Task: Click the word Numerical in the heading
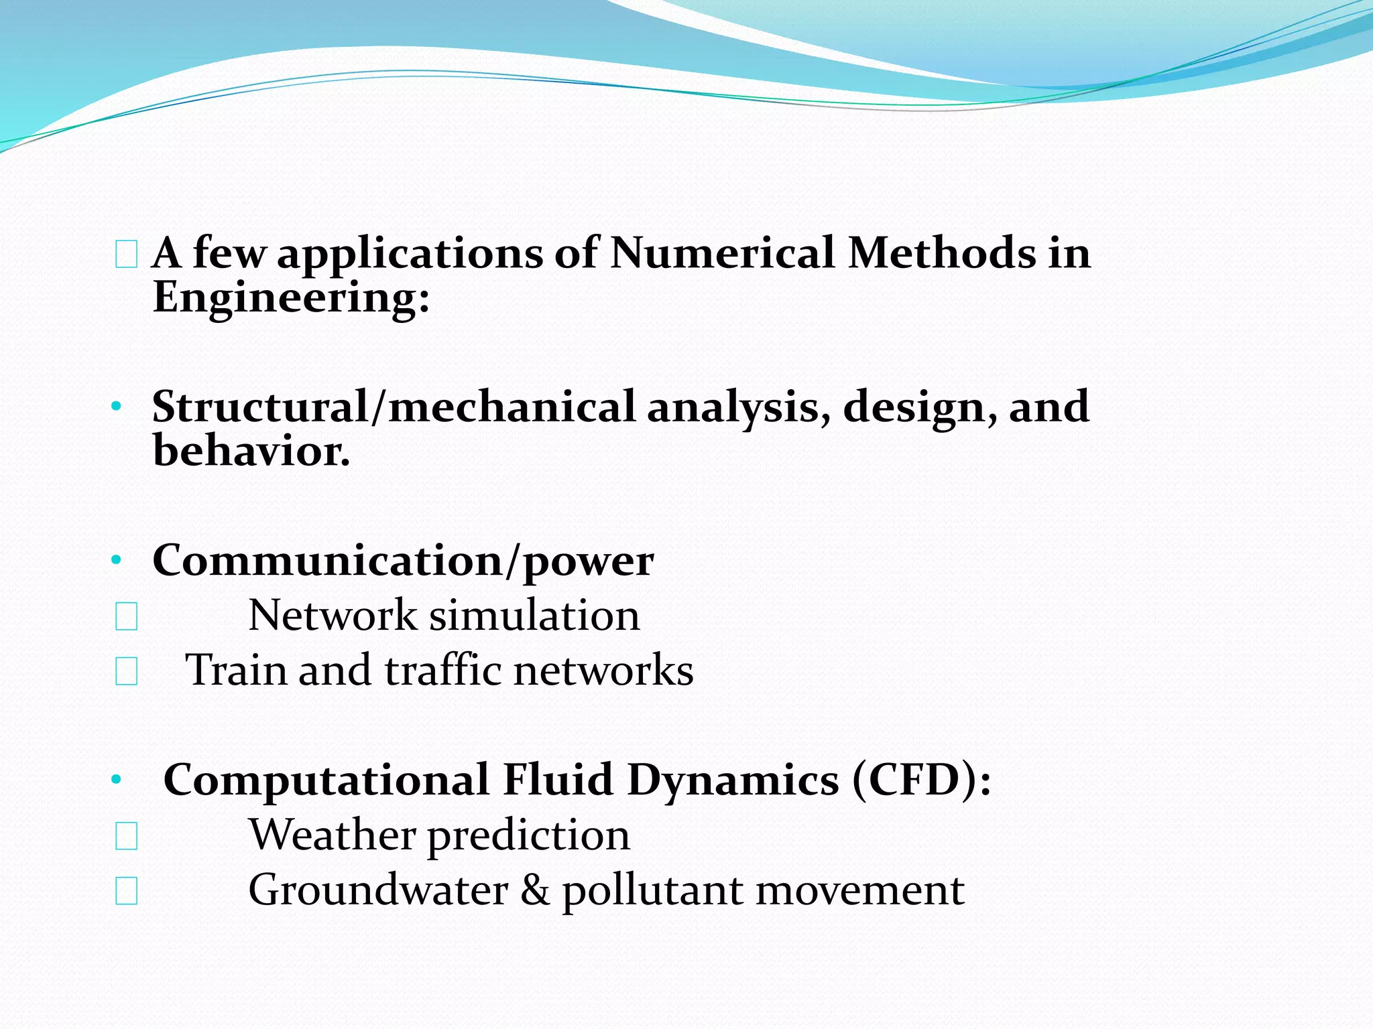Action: coord(723,253)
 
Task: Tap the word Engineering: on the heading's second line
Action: coord(291,297)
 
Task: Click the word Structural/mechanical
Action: coord(394,407)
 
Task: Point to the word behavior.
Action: coord(251,450)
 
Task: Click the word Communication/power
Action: coord(403,561)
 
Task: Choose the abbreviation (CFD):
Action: coord(922,780)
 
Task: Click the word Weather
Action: coord(332,835)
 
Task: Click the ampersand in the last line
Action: coord(535,890)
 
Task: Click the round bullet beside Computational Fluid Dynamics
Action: coord(117,779)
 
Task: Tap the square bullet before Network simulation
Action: coord(126,616)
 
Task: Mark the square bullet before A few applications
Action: coord(126,255)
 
